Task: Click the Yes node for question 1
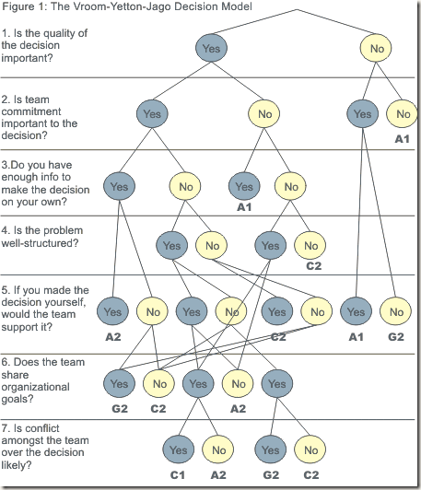pos(211,48)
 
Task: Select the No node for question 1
pos(376,48)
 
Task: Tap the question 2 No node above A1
pos(403,114)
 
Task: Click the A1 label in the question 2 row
pos(402,139)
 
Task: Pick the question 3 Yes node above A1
pos(244,186)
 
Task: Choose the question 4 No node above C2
pos(310,245)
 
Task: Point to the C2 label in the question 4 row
pos(313,266)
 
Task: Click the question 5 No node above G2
pos(396,311)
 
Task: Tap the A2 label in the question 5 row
pos(112,337)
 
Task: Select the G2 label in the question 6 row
pos(120,408)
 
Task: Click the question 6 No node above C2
pos(158,383)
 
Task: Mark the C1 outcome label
pos(177,475)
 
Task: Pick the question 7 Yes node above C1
pos(178,449)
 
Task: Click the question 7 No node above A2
pos(218,449)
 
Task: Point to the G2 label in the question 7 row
pos(271,475)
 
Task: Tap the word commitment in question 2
pos(31,111)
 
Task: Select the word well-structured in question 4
pos(40,243)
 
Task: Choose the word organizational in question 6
pos(35,387)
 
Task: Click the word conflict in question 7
pos(37,427)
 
